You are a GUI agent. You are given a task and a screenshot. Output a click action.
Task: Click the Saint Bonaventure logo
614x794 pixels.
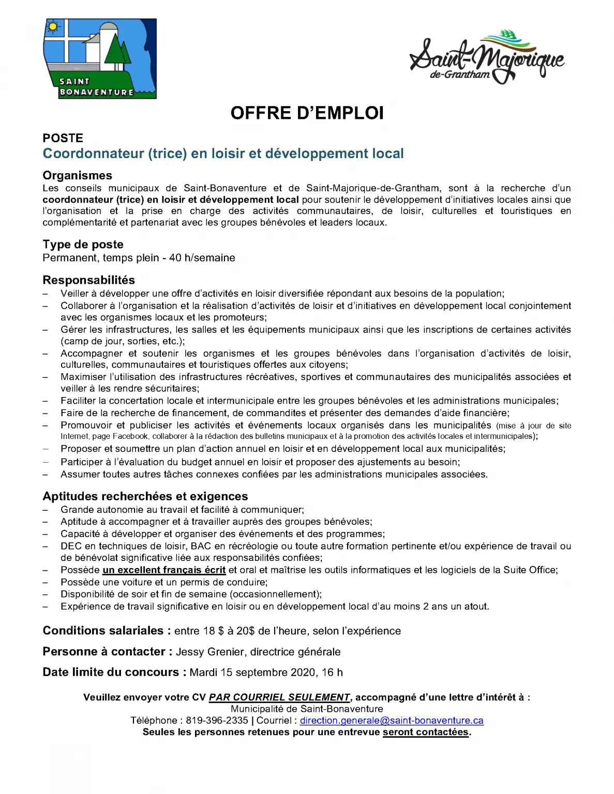tap(100, 59)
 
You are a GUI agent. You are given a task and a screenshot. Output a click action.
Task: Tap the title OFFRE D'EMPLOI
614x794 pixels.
tap(307, 113)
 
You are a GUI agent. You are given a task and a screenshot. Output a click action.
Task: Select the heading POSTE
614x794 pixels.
tap(63, 138)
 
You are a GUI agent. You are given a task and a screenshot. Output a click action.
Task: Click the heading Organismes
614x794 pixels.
tap(77, 175)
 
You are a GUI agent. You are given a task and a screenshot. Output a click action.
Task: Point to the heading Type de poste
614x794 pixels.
tap(83, 245)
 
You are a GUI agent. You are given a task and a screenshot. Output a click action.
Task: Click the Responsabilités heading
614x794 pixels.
tap(88, 280)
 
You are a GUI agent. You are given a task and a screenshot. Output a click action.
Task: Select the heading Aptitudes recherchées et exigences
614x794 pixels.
tap(145, 496)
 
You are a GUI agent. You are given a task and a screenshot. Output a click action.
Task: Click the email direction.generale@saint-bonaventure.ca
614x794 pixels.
tap(392, 721)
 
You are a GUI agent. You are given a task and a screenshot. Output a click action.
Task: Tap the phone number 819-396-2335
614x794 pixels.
tap(217, 721)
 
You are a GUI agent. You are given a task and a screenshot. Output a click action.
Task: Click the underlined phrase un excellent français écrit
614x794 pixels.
tap(164, 570)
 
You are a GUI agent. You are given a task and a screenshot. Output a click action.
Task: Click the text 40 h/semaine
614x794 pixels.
tap(202, 258)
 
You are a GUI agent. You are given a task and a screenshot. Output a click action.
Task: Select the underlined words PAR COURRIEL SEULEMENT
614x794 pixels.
tap(279, 697)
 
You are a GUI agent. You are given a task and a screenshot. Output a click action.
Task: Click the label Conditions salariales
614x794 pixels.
tap(103, 631)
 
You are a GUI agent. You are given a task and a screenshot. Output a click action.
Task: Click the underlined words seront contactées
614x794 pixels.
tap(425, 732)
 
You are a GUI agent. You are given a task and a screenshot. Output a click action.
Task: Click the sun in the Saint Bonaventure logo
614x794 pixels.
tap(52, 26)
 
